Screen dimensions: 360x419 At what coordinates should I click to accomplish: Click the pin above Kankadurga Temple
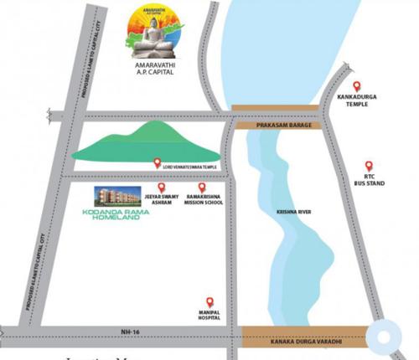click(x=356, y=86)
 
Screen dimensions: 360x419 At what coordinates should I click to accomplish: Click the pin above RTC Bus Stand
click(x=369, y=166)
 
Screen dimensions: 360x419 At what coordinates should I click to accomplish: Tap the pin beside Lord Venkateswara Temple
click(x=157, y=164)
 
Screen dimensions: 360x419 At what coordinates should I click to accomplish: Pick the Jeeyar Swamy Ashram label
click(x=163, y=199)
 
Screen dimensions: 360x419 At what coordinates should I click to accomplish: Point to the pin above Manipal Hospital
click(x=209, y=301)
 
